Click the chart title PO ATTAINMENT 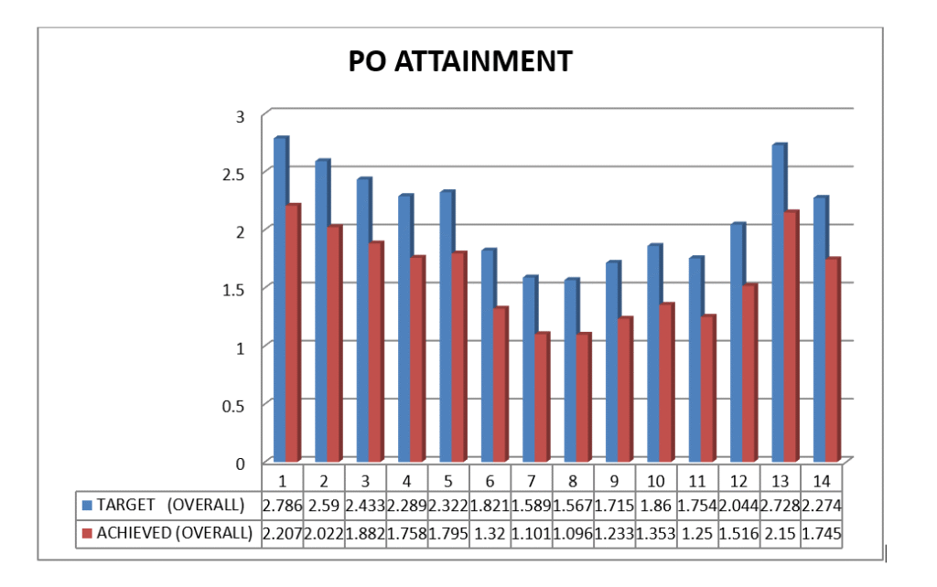[460, 61]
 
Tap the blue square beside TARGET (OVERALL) [87, 505]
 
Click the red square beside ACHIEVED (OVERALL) [87, 533]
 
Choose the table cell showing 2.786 [282, 505]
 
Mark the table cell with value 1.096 [573, 533]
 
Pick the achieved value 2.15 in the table [781, 533]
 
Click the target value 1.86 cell [656, 505]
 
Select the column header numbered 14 [822, 479]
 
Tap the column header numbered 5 [447, 479]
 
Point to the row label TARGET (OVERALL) [170, 505]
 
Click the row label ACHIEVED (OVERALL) [174, 533]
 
